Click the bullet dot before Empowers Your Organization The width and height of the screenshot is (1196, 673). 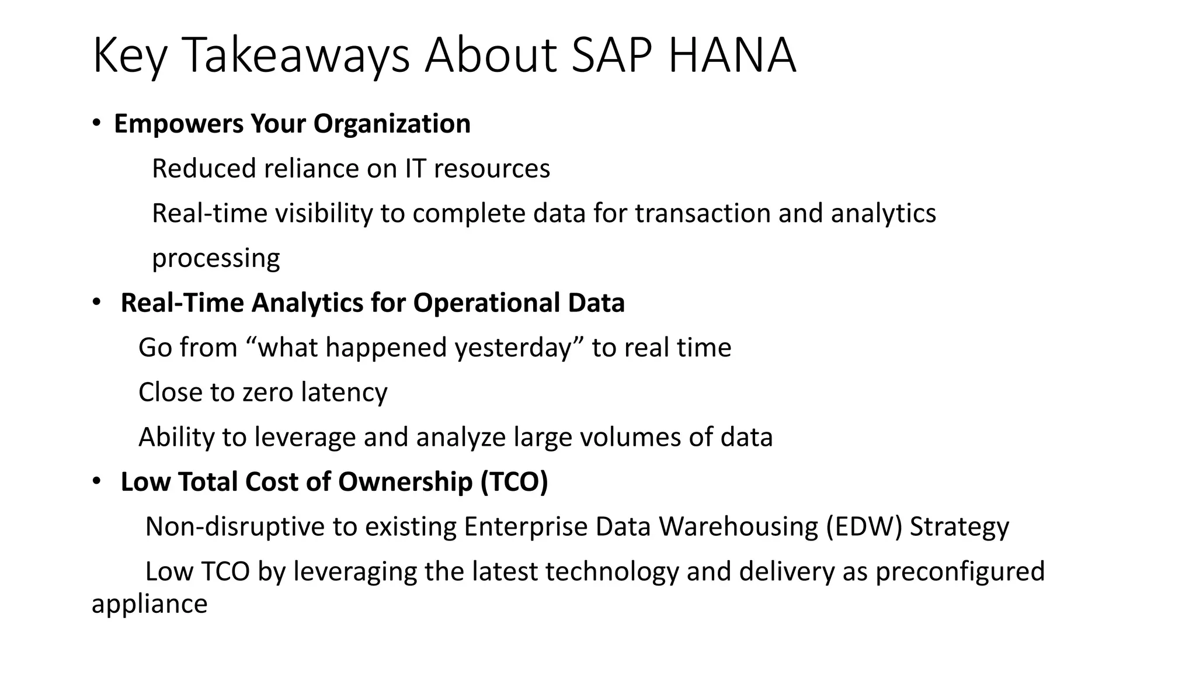pos(96,123)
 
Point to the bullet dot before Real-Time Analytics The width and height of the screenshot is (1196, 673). pos(96,303)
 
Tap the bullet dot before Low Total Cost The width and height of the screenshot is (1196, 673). pos(96,481)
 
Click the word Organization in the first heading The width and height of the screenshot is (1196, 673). pos(392,124)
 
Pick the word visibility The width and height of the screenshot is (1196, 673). pos(324,213)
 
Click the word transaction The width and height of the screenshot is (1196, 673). pos(703,213)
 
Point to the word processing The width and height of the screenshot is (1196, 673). pos(215,258)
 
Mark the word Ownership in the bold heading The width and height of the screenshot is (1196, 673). pos(405,482)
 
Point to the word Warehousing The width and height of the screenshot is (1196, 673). pos(739,526)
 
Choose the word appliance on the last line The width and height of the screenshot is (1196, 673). pos(149,604)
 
